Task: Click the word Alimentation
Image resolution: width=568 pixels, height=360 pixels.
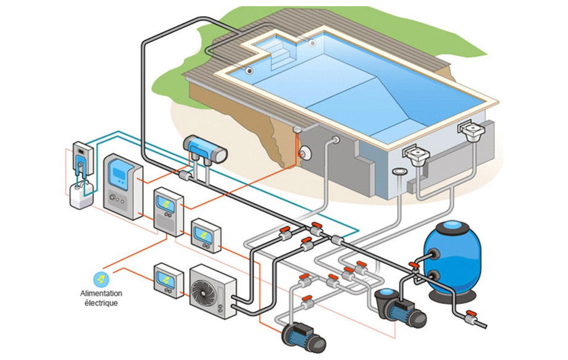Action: tap(101, 294)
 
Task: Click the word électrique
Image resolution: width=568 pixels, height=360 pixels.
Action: tap(101, 303)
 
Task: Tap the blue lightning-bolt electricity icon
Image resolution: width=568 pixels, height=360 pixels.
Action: tap(100, 279)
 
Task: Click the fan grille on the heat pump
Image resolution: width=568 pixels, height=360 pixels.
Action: tap(206, 290)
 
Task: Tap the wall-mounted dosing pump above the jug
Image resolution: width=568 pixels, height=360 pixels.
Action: tap(81, 157)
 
